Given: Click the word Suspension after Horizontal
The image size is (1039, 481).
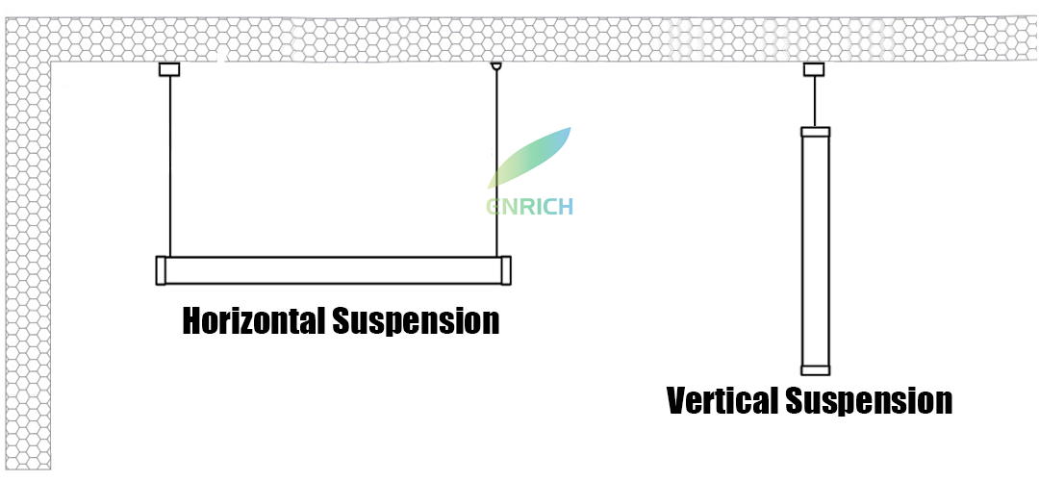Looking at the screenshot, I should click(x=416, y=320).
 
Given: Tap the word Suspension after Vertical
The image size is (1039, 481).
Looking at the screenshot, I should click(x=869, y=399).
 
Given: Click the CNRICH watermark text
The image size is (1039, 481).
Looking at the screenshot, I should click(x=528, y=206).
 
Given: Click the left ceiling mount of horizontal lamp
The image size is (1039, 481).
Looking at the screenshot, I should click(x=169, y=69).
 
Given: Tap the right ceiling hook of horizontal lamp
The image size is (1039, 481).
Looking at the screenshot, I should click(x=496, y=67).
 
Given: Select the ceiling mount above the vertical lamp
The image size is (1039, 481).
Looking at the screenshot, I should click(x=814, y=69).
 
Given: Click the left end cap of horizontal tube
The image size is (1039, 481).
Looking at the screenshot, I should click(x=161, y=270).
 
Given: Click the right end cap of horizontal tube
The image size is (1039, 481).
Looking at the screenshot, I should click(x=505, y=270).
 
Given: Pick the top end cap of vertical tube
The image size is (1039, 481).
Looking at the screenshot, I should click(x=815, y=132).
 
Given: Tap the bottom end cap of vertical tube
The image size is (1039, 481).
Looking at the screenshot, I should click(x=815, y=369).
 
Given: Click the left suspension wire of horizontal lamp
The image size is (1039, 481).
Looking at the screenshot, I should click(x=170, y=164).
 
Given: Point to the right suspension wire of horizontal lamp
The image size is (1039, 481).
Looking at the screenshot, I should click(x=496, y=164).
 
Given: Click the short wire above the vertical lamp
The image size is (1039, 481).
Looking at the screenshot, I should click(x=815, y=101).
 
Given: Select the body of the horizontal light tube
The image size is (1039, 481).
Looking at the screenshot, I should click(x=332, y=270).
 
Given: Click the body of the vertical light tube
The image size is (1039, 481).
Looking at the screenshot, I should click(x=815, y=250).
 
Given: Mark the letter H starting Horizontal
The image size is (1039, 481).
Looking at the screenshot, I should click(x=193, y=320).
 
